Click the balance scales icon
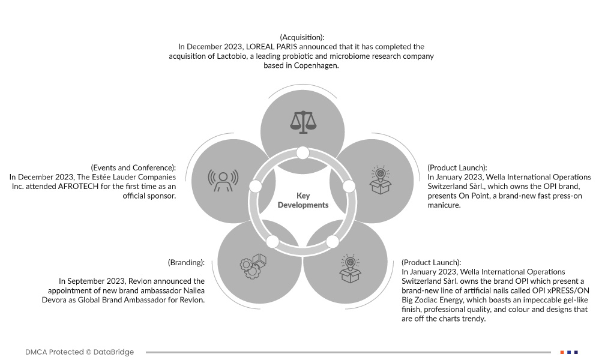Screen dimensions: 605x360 (303, 122)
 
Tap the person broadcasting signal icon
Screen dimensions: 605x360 (223, 181)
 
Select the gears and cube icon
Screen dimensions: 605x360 (253, 266)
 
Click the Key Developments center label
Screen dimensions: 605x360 (303, 200)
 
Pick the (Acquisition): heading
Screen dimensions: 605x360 (302, 37)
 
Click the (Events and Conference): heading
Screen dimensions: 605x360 (133, 168)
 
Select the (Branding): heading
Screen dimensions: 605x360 (186, 263)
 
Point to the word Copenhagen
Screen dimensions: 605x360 (316, 65)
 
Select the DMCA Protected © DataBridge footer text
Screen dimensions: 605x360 (79, 352)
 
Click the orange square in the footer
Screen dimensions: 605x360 (562, 352)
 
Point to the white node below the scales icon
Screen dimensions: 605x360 (303, 153)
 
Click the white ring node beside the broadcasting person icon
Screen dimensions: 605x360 (256, 186)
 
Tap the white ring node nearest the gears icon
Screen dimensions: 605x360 (272, 242)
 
